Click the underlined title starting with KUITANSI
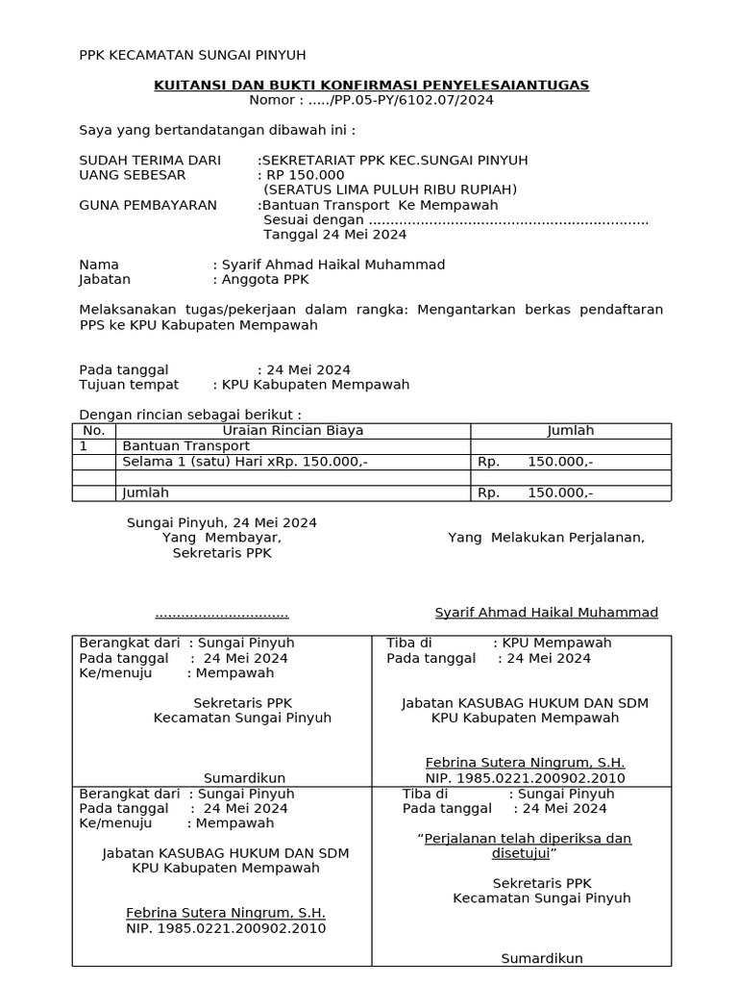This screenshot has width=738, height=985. tap(371, 86)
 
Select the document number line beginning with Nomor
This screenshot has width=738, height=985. tap(371, 100)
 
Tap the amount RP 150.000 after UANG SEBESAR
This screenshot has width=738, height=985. tap(305, 175)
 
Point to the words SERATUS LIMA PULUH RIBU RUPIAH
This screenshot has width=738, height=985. tap(390, 189)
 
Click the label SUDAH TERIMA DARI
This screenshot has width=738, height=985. tap(149, 160)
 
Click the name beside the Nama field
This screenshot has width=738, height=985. tap(332, 265)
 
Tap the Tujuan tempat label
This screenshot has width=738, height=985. tap(129, 385)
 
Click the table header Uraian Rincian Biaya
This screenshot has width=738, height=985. tap(293, 431)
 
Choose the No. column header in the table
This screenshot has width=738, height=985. tap(94, 431)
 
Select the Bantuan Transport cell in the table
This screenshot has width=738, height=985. tap(185, 446)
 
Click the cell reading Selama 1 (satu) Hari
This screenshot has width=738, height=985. tap(244, 462)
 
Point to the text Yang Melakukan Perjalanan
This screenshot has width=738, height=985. tap(546, 538)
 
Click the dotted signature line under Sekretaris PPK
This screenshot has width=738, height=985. tap(222, 614)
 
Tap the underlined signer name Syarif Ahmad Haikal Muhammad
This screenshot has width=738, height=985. tap(546, 613)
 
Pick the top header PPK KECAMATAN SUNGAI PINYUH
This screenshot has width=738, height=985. tap(192, 55)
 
